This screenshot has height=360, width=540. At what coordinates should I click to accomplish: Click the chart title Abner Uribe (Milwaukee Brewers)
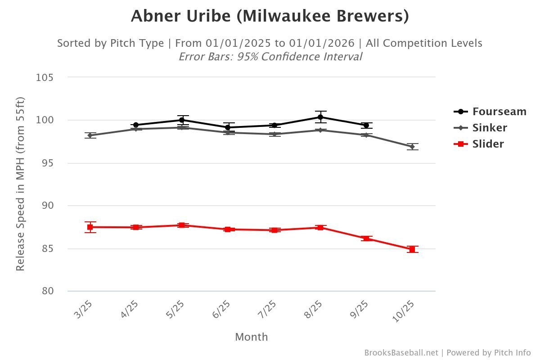coord(270,16)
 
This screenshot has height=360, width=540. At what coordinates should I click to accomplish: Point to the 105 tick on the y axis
coord(45,77)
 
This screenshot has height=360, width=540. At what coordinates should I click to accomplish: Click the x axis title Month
coord(251,337)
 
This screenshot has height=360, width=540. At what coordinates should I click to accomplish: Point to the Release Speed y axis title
coord(20,184)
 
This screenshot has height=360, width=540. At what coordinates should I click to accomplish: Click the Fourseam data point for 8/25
coord(320,117)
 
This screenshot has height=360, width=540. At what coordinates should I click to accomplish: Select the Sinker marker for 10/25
coord(412,147)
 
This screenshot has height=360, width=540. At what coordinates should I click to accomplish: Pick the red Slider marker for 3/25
coord(90,227)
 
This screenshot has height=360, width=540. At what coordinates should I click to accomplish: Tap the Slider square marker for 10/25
coord(412,249)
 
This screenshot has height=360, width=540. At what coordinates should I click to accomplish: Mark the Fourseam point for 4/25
coord(135,125)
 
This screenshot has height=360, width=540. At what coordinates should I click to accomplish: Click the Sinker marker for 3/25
coord(90,135)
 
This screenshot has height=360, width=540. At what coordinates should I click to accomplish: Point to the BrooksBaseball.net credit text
coord(401,353)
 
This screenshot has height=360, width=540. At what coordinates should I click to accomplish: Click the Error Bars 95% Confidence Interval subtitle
coord(270,57)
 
